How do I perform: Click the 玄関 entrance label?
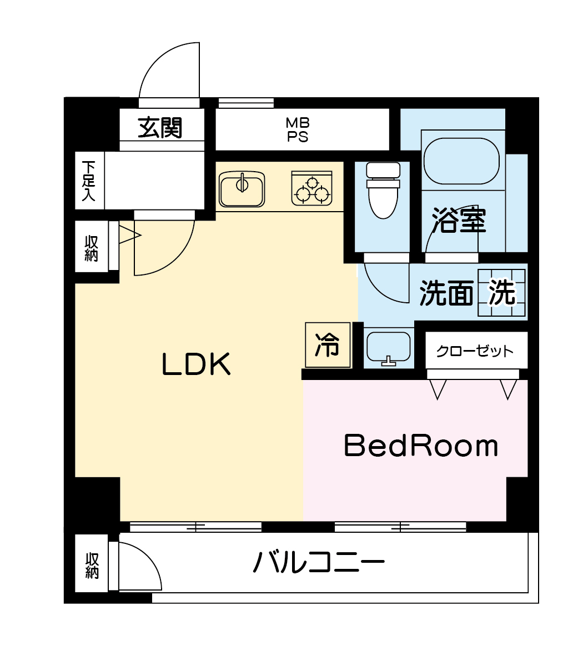(x=159, y=128)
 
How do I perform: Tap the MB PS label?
(x=298, y=129)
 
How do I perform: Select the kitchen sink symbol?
(x=242, y=189)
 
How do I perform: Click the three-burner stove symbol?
(x=311, y=188)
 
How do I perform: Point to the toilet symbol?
(x=383, y=189)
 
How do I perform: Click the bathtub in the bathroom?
(x=462, y=161)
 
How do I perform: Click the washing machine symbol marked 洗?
(x=501, y=292)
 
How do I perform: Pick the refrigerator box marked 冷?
(x=328, y=344)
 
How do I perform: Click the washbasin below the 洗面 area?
(x=388, y=348)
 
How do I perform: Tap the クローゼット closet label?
(x=475, y=351)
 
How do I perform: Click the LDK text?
(x=196, y=364)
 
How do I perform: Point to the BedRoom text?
(x=421, y=446)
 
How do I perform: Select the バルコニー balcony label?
(x=319, y=561)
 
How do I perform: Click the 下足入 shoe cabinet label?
(x=88, y=181)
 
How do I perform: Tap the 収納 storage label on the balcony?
(x=92, y=566)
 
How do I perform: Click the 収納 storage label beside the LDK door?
(x=91, y=248)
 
